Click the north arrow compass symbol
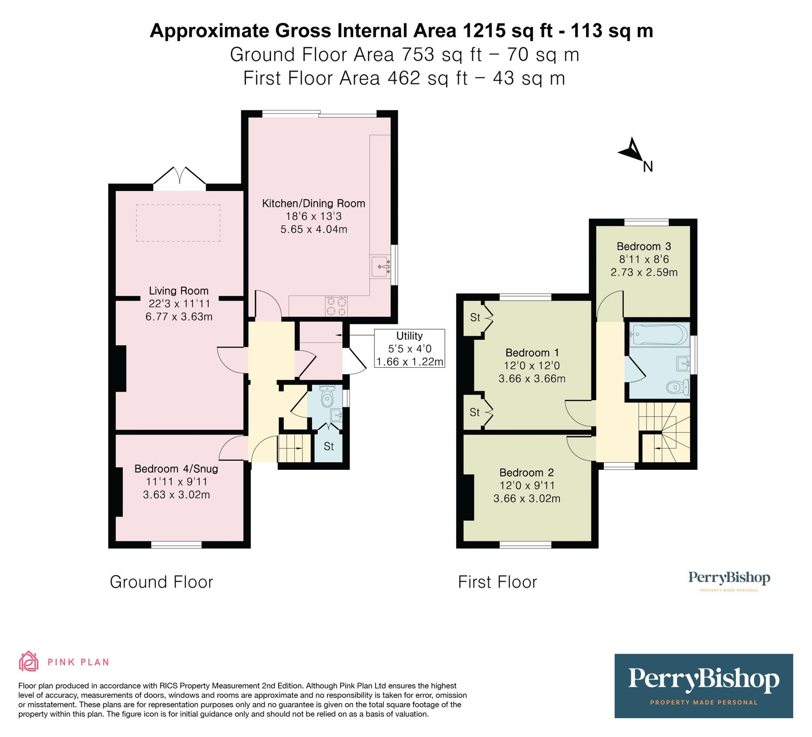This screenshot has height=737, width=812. click(632, 150)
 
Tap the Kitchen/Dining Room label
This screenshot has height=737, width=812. click(313, 204)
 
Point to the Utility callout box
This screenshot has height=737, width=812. click(409, 348)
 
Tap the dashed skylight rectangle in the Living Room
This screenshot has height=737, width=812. click(178, 222)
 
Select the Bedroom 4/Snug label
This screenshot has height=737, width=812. click(176, 469)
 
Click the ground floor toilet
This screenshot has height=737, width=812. click(327, 398)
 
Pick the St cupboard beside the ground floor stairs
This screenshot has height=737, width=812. click(328, 446)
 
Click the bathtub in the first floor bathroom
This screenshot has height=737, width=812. click(659, 335)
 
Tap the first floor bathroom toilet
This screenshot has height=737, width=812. click(678, 388)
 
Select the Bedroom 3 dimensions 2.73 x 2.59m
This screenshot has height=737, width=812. click(644, 272)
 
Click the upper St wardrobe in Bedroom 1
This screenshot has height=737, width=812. click(475, 318)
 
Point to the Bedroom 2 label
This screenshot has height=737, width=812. click(526, 472)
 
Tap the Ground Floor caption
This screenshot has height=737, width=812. click(161, 582)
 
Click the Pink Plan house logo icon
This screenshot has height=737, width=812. click(28, 661)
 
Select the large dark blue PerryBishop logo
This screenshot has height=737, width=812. click(703, 685)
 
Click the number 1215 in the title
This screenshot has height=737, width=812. click(484, 31)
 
